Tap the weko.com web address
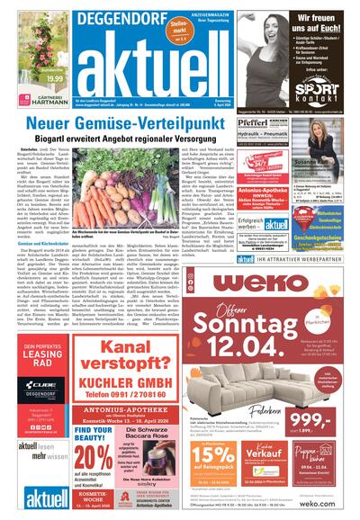tap(334, 507)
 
